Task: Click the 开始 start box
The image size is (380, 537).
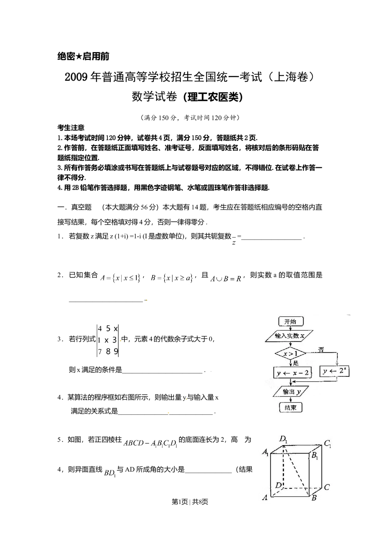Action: pyautogui.click(x=291, y=322)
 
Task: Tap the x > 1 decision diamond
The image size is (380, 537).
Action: pyautogui.click(x=290, y=354)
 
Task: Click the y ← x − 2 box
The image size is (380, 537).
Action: pyautogui.click(x=292, y=373)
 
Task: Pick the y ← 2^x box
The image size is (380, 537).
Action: pyautogui.click(x=335, y=371)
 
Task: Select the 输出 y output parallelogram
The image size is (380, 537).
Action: pyautogui.click(x=290, y=392)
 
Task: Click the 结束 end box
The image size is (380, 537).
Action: pyautogui.click(x=291, y=407)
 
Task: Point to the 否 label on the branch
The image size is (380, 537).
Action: pyautogui.click(x=321, y=350)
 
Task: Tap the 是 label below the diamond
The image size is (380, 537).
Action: pyautogui.click(x=296, y=363)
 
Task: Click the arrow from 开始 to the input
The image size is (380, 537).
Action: pyautogui.click(x=291, y=329)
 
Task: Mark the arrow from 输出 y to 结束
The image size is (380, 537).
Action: pyautogui.click(x=291, y=400)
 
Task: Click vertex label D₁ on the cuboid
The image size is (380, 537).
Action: pyautogui.click(x=283, y=439)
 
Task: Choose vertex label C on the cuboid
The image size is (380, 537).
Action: pyautogui.click(x=327, y=486)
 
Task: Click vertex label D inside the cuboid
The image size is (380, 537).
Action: pyautogui.click(x=279, y=485)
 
